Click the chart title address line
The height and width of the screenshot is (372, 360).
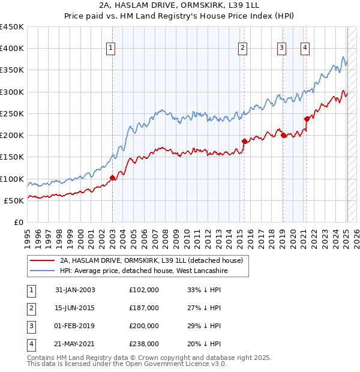coord(180,5)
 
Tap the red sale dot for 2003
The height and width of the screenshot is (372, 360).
coord(112,178)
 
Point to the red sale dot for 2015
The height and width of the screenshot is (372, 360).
coord(244,141)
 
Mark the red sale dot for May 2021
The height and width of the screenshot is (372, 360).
coord(307,119)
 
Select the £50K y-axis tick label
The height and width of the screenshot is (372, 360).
coord(14,200)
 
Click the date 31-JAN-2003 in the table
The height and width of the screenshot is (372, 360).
coord(75,290)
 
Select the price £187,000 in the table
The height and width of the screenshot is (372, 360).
coord(144,308)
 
